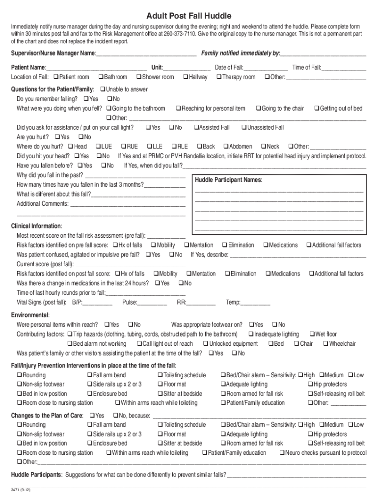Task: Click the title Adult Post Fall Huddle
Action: (189, 16)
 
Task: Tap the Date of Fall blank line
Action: (265, 68)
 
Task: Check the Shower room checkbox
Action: (139, 77)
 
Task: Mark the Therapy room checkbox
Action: (219, 77)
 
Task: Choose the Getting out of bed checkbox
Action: (317, 109)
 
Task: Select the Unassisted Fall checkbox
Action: (244, 128)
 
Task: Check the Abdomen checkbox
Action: (226, 146)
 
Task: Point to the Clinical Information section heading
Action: (36, 226)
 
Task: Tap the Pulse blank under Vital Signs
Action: (152, 303)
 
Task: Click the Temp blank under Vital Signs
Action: (255, 303)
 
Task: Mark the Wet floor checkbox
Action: (311, 335)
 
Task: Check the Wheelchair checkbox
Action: (325, 344)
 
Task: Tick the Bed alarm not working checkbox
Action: (70, 344)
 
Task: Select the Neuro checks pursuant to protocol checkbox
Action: (282, 453)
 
